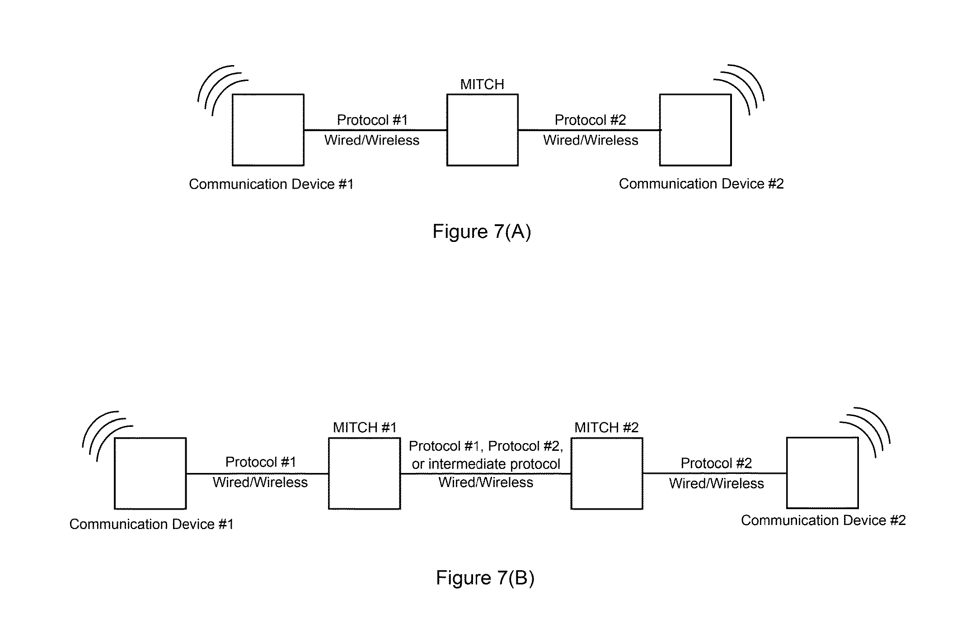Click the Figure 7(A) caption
click(482, 231)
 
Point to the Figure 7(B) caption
click(485, 577)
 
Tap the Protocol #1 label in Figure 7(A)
click(372, 120)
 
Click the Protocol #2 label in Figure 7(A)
click(590, 120)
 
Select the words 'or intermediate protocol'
click(486, 464)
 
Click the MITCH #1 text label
click(365, 427)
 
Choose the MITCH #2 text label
click(606, 427)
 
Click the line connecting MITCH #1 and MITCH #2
click(486, 473)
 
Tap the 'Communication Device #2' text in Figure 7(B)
click(823, 520)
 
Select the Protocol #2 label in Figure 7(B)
click(716, 463)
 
